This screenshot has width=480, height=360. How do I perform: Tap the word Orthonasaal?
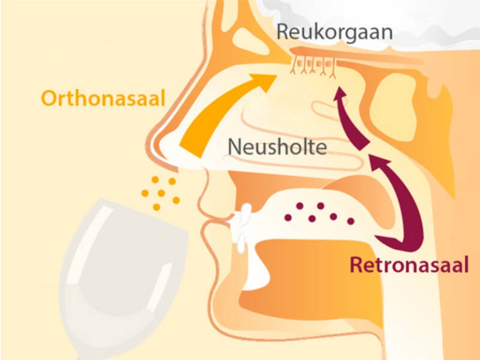point(103,98)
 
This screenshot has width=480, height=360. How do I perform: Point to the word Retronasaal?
point(409,264)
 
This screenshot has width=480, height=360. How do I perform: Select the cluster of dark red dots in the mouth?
point(321,212)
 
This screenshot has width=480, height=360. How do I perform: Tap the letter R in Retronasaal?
point(356,264)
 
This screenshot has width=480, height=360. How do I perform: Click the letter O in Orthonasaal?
point(50,98)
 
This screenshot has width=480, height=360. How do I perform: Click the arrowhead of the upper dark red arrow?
point(340,96)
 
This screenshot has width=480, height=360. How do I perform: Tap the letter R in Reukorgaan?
point(284,31)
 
